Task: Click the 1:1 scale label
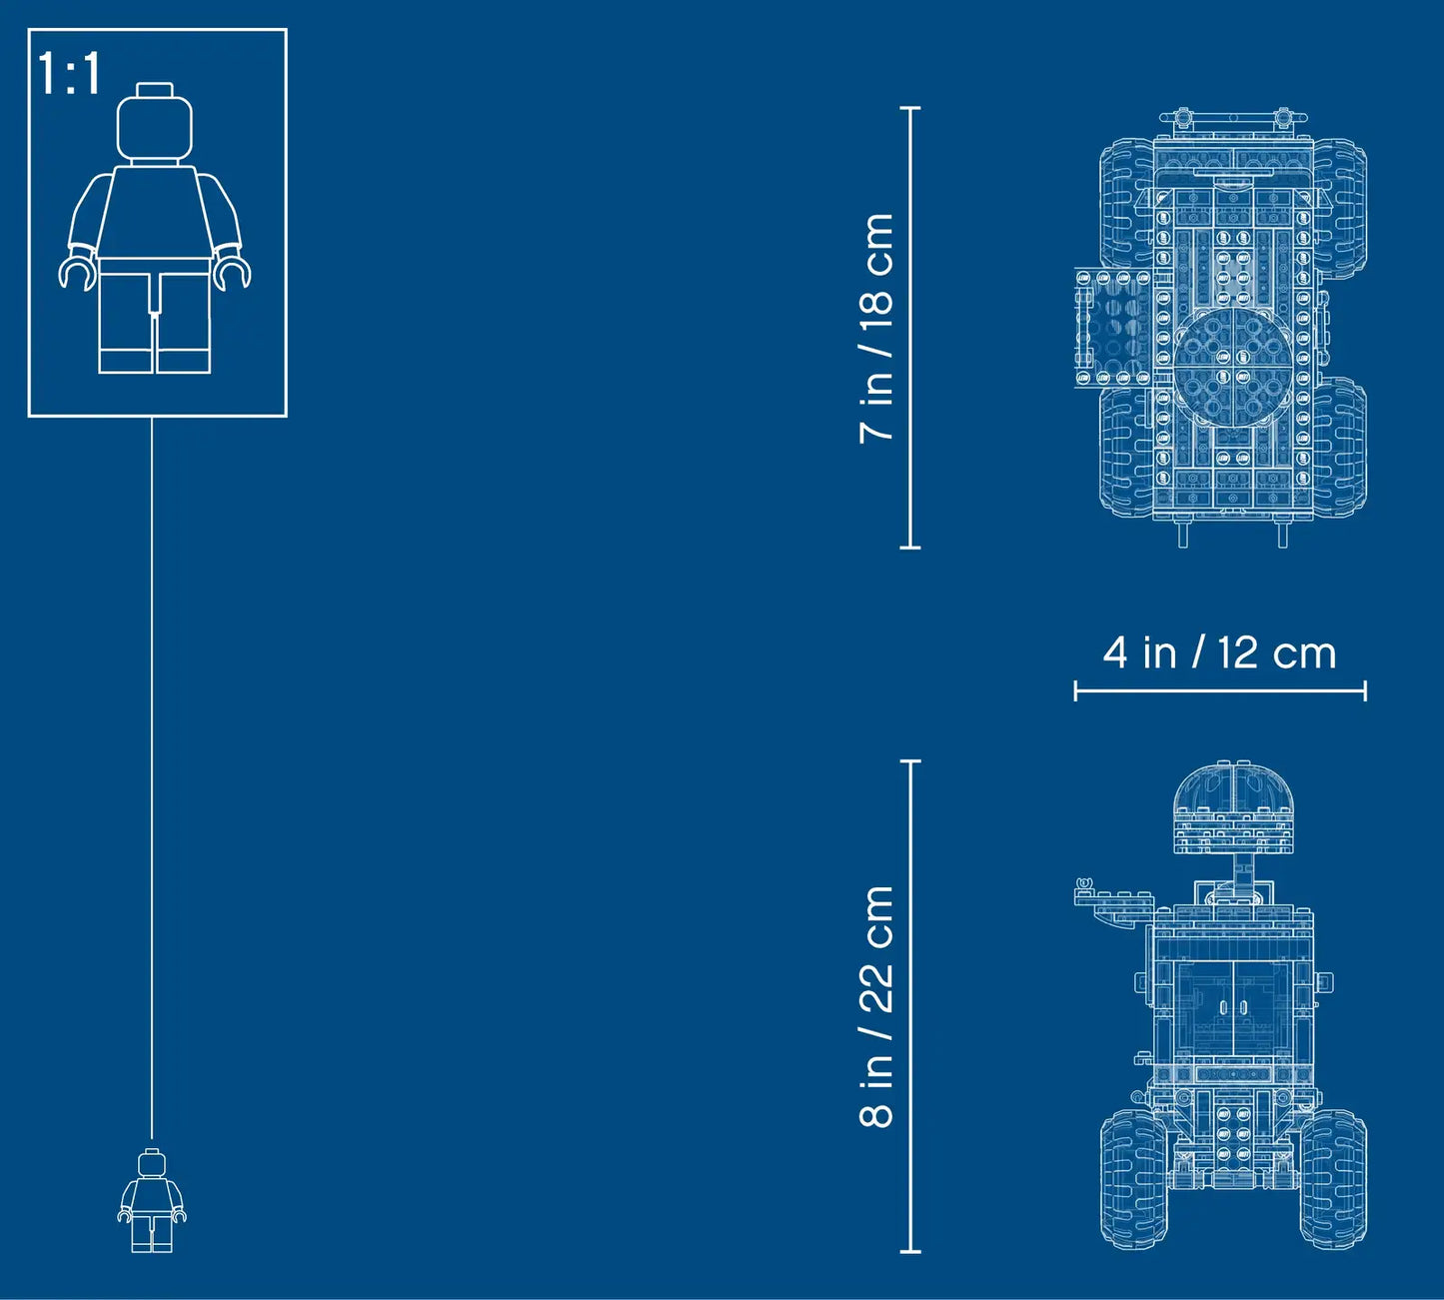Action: [69, 73]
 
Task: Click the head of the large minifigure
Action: [154, 124]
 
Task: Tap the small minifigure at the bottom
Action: [152, 1201]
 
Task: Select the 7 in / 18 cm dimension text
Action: [876, 328]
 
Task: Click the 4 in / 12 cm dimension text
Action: [1219, 652]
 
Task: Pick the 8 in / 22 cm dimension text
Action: [876, 1007]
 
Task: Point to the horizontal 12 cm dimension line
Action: [1220, 691]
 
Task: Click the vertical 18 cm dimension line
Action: [910, 328]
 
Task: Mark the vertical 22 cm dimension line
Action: [910, 1006]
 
